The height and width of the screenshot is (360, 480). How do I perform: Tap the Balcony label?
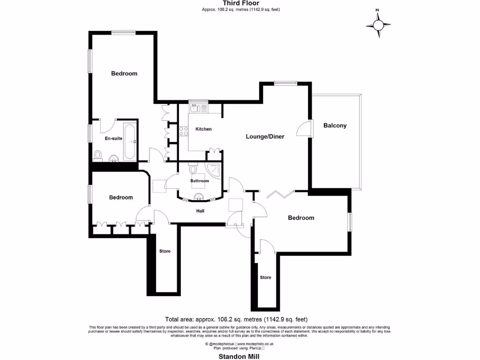tap(335, 126)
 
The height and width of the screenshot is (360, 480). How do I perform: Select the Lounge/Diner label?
tap(265, 137)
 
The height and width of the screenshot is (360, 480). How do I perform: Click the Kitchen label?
tap(203, 129)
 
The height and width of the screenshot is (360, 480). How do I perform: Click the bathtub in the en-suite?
tap(130, 141)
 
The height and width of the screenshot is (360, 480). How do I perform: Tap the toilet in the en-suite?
tap(98, 154)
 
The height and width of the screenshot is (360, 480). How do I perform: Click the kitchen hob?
tap(183, 132)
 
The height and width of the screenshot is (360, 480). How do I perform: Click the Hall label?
tap(200, 211)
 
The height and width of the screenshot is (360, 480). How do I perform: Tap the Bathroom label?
tap(199, 181)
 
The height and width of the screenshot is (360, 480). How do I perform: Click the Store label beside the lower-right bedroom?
tap(265, 277)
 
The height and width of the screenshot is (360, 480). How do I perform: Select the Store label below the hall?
tap(165, 251)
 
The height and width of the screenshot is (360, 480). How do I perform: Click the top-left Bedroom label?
tap(124, 74)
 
